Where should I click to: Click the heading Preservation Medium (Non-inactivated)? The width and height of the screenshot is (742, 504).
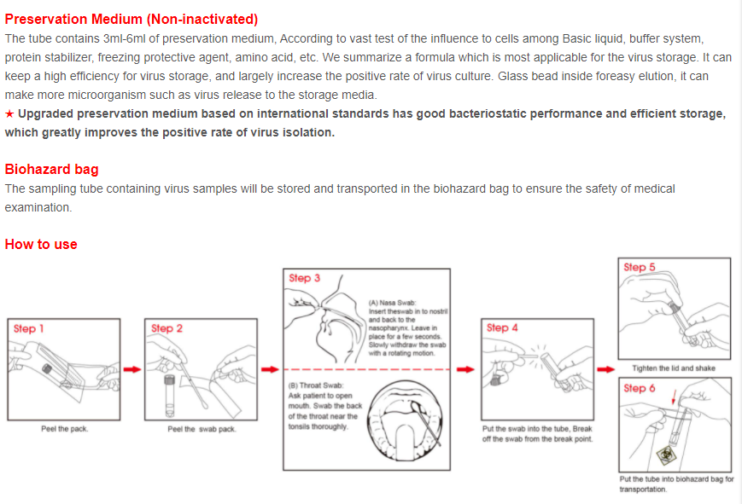coord(131,19)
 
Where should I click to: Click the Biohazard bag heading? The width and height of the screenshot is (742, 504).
coord(51,169)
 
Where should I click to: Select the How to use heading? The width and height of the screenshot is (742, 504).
coord(41,244)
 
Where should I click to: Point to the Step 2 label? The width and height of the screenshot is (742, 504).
coord(167,328)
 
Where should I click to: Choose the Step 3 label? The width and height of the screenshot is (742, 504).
coord(305,278)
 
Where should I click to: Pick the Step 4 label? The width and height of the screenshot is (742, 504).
coord(502,327)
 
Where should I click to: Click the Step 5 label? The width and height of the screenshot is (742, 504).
coord(640,267)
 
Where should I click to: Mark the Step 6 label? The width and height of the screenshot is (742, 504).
coord(640,388)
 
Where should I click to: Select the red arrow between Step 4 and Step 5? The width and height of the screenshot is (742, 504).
coord(605,368)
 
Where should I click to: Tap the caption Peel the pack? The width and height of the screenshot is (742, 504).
coord(64,429)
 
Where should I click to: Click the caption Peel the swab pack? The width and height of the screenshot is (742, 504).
coord(202,429)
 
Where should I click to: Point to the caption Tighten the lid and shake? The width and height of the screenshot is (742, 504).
coord(674,368)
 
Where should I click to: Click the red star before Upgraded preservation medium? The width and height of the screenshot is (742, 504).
coord(9,114)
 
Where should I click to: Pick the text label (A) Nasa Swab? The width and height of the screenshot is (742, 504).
coord(393,303)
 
